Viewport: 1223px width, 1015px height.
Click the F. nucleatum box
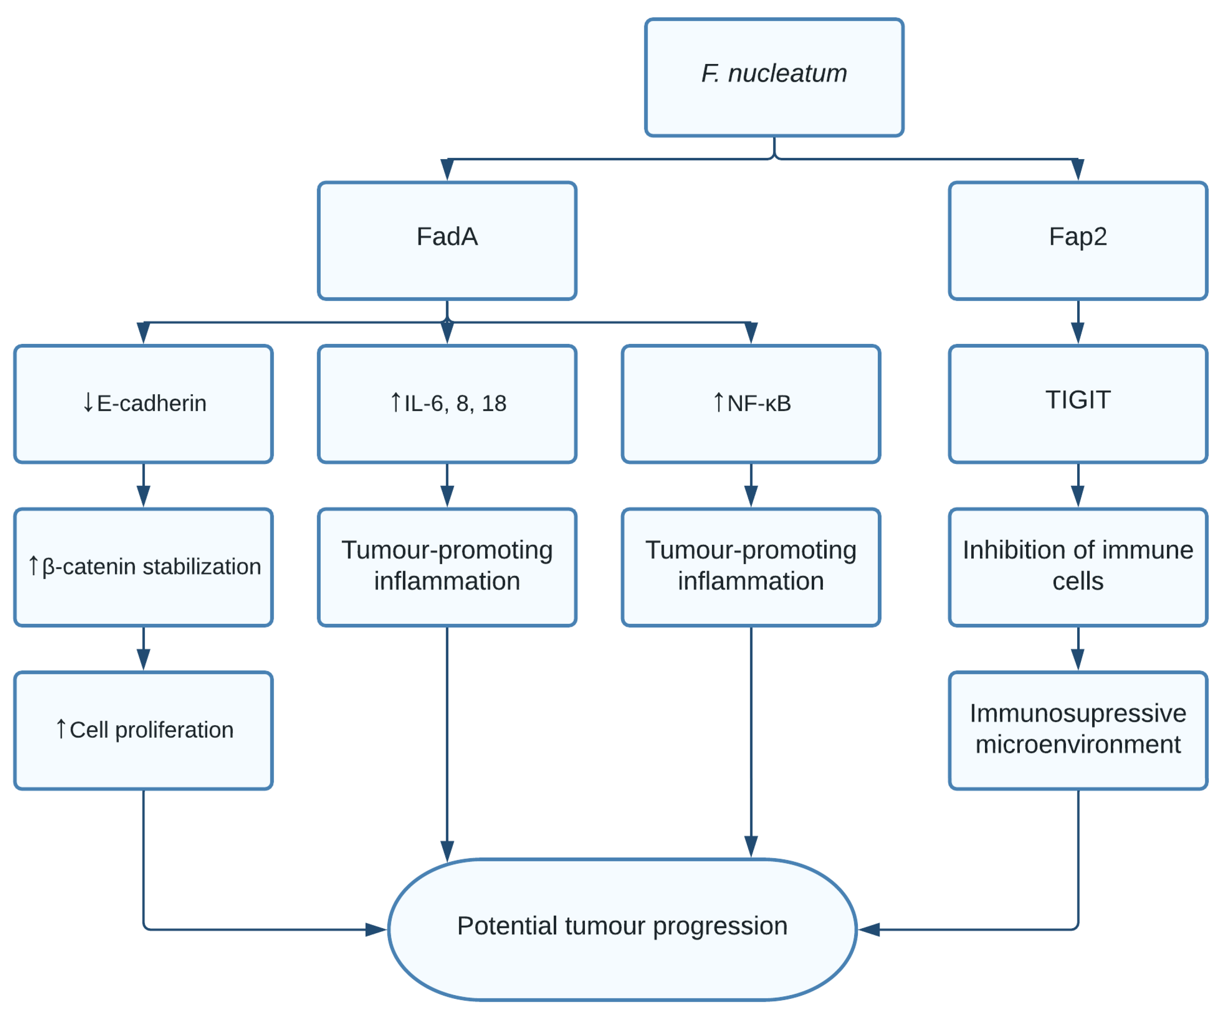click(774, 77)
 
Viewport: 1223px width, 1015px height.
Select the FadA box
click(447, 240)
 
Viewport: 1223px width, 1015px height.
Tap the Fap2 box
click(1078, 240)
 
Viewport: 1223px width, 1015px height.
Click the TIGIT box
click(1078, 404)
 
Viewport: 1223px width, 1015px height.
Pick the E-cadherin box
click(143, 404)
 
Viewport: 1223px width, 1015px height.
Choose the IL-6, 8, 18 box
click(447, 404)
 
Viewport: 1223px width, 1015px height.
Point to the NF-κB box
click(751, 404)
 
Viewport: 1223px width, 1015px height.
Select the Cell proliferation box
click(143, 730)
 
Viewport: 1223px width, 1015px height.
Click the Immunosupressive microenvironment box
click(1078, 730)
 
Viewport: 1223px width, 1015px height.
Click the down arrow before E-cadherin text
click(88, 402)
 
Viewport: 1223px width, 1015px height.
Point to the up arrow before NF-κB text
click(718, 402)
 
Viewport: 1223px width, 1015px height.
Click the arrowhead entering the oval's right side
click(869, 929)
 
